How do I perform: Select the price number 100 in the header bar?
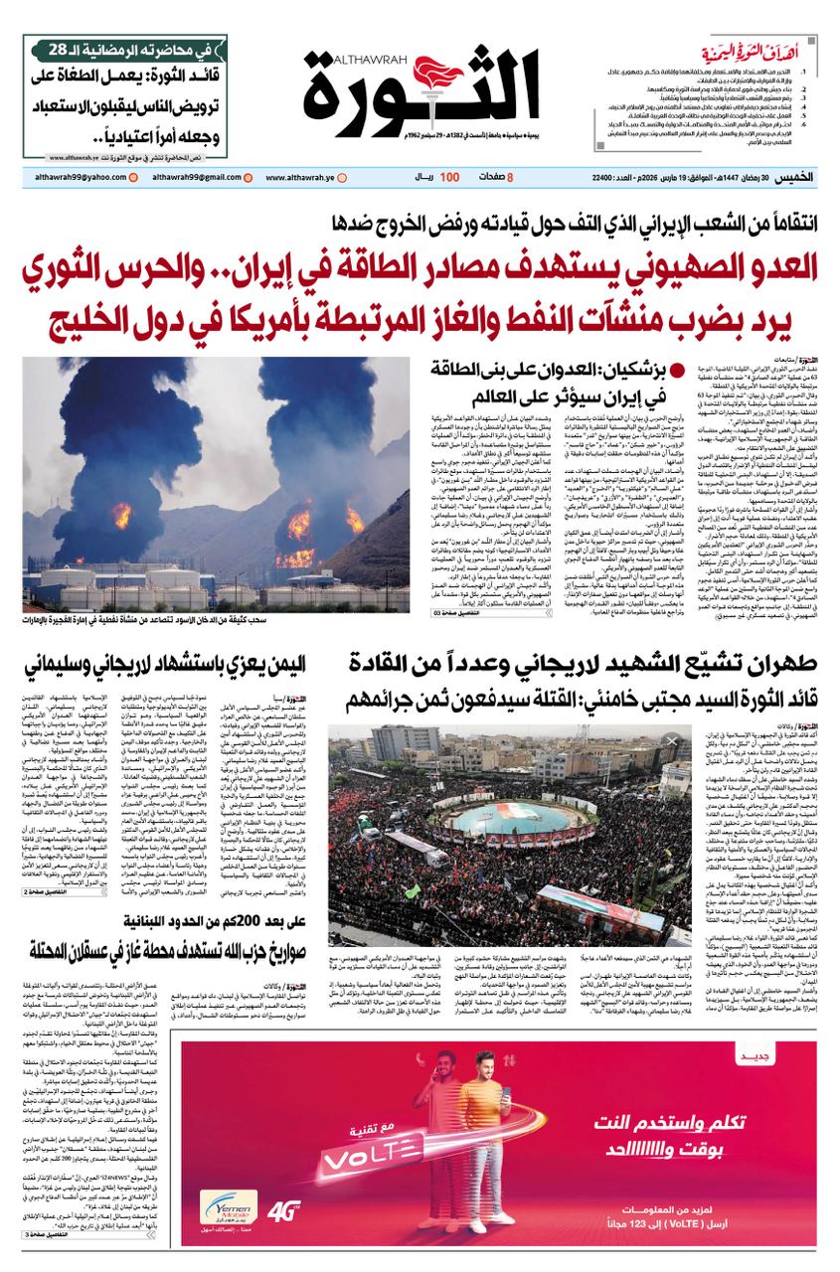(x=449, y=177)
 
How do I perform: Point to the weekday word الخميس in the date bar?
(x=795, y=177)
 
